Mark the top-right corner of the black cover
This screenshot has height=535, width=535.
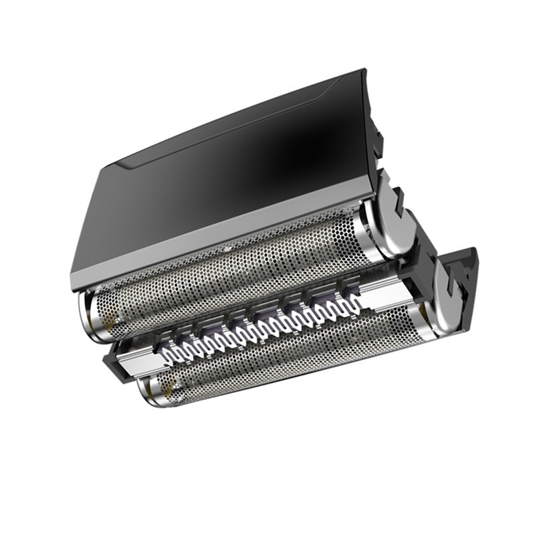point(364,71)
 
